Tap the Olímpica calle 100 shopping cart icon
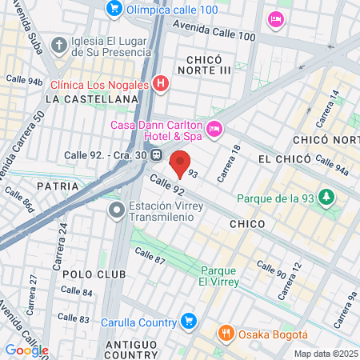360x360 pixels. pyautogui.click(x=114, y=9)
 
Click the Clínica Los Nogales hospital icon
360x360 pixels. pyautogui.click(x=160, y=83)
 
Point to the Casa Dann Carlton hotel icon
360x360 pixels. pyautogui.click(x=214, y=128)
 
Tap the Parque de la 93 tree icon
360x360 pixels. pyautogui.click(x=326, y=197)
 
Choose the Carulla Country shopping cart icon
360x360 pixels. pyautogui.click(x=189, y=322)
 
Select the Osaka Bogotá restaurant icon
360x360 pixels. pyautogui.click(x=226, y=334)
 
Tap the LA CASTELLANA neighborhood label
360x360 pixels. pyautogui.click(x=92, y=98)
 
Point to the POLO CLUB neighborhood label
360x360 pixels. pyautogui.click(x=93, y=274)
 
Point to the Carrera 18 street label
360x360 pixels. pyautogui.click(x=230, y=166)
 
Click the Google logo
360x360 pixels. pyautogui.click(x=26, y=350)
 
